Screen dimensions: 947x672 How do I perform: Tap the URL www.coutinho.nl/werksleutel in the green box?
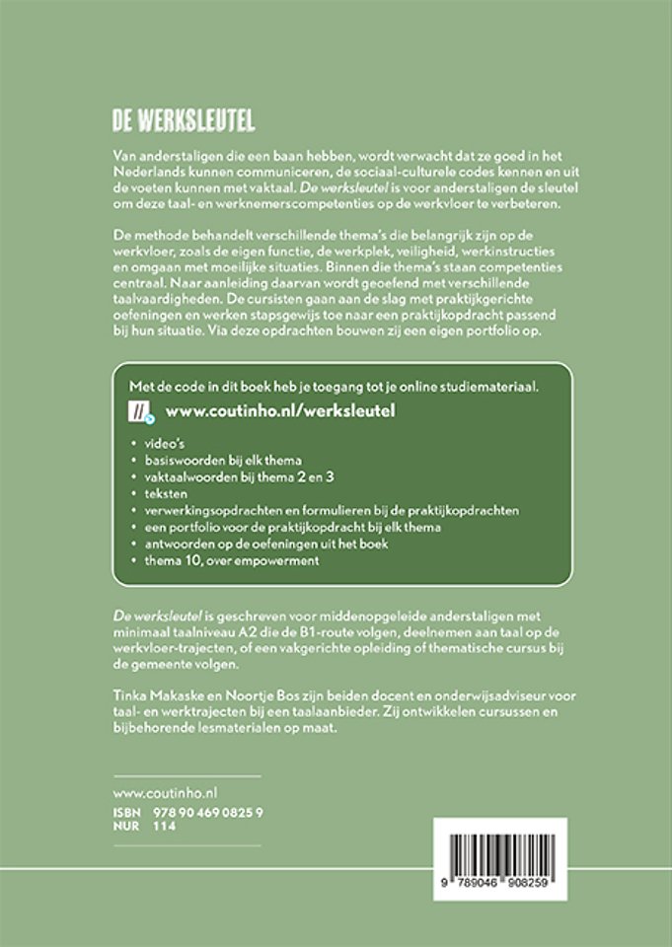279,409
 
